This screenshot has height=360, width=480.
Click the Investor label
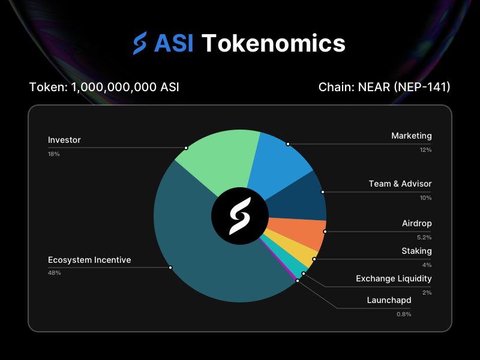pyautogui.click(x=64, y=140)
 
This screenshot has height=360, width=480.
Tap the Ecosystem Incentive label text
pyautogui.click(x=89, y=260)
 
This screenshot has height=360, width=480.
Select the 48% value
pyautogui.click(x=54, y=273)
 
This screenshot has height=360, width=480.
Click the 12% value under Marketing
pyautogui.click(x=425, y=149)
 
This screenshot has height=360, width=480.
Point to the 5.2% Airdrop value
pyautogui.click(x=424, y=237)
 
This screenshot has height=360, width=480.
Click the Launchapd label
pyautogui.click(x=389, y=301)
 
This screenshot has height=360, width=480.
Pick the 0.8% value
pyautogui.click(x=404, y=314)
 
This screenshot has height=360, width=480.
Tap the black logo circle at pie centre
pyautogui.click(x=240, y=216)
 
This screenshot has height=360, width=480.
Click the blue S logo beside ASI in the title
pyautogui.click(x=140, y=43)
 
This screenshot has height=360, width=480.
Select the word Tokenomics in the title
pyautogui.click(x=274, y=43)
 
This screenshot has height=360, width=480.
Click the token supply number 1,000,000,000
pyautogui.click(x=114, y=87)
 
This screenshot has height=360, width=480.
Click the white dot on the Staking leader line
pyautogui.click(x=314, y=259)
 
